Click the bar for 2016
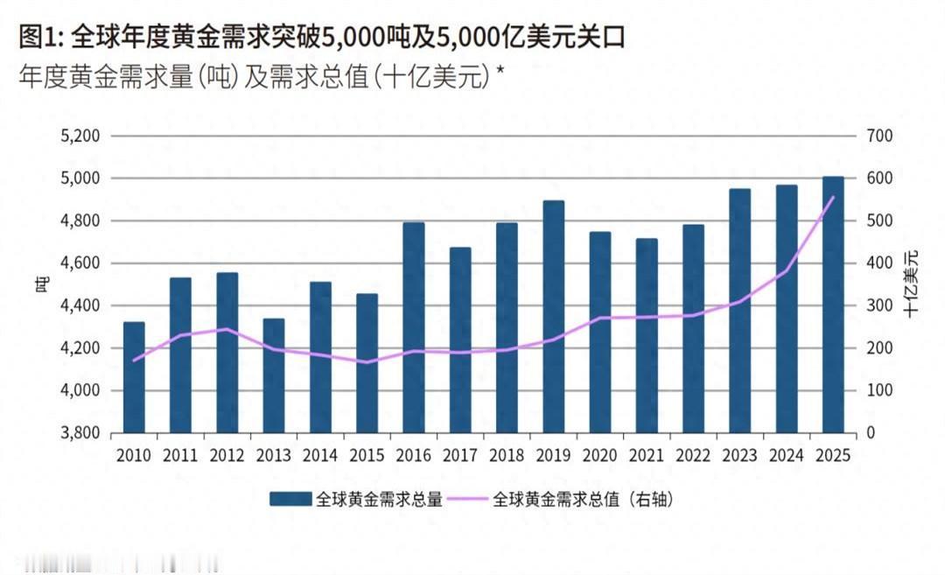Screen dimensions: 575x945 click(x=414, y=327)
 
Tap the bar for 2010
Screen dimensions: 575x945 click(x=134, y=377)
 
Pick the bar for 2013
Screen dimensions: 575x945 click(x=274, y=375)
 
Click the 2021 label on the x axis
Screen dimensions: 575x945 click(x=647, y=456)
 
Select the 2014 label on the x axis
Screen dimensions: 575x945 click(x=320, y=456)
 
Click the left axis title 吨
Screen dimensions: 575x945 click(x=41, y=284)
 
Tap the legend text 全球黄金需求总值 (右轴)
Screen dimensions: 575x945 click(x=584, y=500)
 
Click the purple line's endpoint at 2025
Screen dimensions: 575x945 click(x=833, y=197)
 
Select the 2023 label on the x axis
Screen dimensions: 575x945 click(x=740, y=456)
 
